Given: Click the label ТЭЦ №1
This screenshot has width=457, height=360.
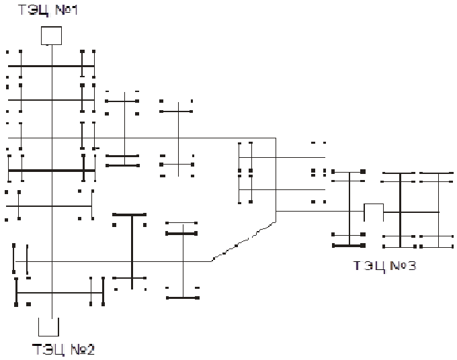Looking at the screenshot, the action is click(x=48, y=10).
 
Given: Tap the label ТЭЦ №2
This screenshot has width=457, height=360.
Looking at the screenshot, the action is click(x=64, y=349).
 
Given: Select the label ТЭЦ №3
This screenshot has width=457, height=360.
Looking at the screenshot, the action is click(x=384, y=266).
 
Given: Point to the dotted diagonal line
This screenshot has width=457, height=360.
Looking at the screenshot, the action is click(x=243, y=242).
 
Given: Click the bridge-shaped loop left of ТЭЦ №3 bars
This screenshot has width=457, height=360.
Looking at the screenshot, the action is click(x=374, y=204).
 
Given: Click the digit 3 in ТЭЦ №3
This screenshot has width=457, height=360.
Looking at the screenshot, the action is click(x=411, y=266).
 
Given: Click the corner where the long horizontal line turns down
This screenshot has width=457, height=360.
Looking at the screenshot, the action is click(x=276, y=138).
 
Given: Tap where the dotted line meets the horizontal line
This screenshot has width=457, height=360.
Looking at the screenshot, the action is click(x=212, y=261).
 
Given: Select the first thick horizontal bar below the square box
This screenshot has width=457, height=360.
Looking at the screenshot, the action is click(x=51, y=66).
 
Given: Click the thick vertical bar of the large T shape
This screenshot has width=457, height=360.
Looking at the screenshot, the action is click(x=132, y=252).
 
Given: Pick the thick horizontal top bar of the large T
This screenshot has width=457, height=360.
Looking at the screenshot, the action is click(x=129, y=215).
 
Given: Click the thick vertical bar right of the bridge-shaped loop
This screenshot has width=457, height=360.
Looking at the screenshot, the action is click(x=400, y=210).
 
